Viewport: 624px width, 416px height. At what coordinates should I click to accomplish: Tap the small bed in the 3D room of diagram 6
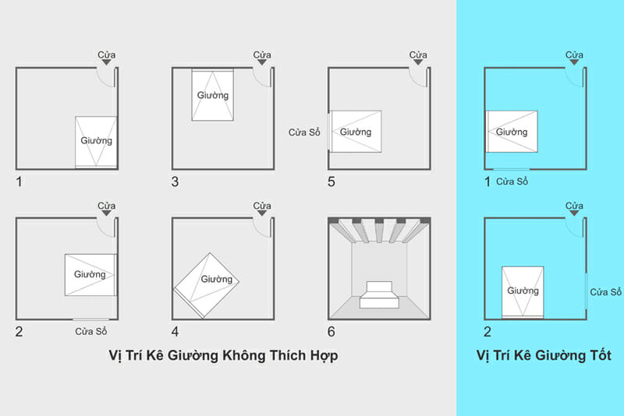378,294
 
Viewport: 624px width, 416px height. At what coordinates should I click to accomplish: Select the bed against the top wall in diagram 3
213,95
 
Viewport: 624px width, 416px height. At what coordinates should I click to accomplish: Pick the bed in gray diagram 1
96,141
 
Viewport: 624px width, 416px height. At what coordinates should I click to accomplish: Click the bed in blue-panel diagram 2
523,291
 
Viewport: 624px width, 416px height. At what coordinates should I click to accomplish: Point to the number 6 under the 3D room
332,331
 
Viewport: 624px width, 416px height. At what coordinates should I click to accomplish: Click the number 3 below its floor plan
175,182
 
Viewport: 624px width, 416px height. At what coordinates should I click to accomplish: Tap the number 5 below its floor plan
332,182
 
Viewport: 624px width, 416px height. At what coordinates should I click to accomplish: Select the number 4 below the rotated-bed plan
175,331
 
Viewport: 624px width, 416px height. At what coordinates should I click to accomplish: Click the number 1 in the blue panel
488,182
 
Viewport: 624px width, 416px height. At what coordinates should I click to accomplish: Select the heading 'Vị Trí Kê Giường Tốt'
543,355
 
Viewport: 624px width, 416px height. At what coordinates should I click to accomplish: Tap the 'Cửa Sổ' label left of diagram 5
304,132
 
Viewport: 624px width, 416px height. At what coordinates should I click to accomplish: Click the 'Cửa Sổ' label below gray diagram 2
92,332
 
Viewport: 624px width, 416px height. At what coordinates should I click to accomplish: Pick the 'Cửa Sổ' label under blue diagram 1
512,182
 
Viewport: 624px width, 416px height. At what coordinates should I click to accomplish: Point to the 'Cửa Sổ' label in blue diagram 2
605,292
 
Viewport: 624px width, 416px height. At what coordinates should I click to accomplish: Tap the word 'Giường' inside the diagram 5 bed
355,132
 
